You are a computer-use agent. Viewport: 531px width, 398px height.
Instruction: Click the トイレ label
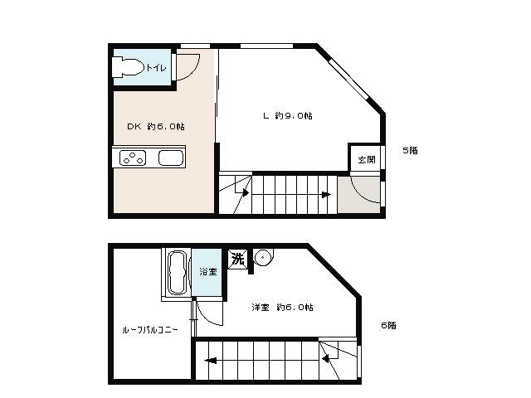coord(156,68)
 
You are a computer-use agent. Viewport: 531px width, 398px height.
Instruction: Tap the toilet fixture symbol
coord(128,67)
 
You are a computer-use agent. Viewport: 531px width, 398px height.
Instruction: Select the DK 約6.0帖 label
coord(156,127)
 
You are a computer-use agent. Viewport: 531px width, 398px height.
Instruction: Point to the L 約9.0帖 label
coord(288,116)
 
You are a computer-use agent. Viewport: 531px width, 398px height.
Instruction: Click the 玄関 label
coord(367,159)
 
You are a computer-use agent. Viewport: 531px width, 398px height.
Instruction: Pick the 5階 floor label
coord(410,151)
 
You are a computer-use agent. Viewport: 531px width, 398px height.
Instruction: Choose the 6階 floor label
coord(388,325)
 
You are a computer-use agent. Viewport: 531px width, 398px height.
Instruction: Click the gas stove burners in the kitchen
coord(133,158)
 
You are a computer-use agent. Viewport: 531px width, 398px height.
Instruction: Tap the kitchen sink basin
coord(172,158)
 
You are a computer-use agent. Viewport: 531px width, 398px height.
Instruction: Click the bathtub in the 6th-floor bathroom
coord(177,273)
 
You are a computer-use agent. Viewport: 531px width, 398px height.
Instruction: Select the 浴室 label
coord(208,271)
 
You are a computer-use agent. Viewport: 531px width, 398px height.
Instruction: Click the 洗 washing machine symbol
coord(238,260)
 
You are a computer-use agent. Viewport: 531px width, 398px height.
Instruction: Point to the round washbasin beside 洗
coord(263,258)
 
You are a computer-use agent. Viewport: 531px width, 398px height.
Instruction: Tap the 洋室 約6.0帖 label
coord(282,308)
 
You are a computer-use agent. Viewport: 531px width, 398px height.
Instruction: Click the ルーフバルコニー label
coord(150,330)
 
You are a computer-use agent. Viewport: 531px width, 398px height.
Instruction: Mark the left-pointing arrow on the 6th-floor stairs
coord(211,361)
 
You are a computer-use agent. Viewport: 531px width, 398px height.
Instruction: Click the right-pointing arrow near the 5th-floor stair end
coord(326,195)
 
